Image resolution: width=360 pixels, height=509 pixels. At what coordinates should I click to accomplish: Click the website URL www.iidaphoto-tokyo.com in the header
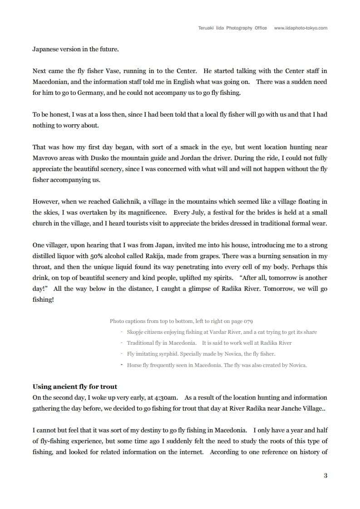click(301, 28)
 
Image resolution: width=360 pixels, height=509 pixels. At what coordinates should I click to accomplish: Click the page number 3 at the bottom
click(325, 475)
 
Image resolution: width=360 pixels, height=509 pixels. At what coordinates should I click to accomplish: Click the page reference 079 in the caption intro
click(248, 321)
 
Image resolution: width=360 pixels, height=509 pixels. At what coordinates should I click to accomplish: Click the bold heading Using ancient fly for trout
click(75, 387)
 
